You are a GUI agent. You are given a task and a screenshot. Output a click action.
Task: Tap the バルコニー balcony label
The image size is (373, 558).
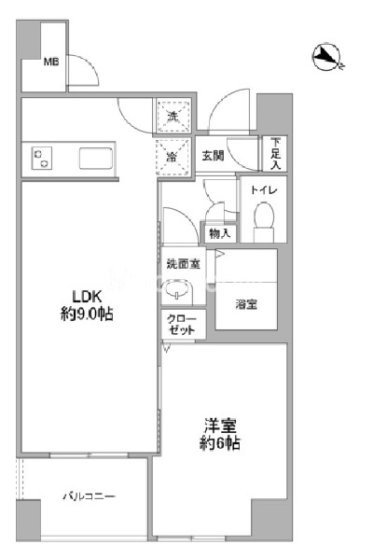click(x=90, y=496)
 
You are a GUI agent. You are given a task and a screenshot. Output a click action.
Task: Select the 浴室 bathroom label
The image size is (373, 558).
click(x=246, y=303)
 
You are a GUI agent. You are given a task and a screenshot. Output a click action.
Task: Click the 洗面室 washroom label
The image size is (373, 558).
click(x=183, y=264)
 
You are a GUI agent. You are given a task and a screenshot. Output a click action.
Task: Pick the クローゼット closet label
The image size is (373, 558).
click(x=181, y=324)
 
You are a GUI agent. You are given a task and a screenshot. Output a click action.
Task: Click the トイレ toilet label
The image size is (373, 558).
click(x=260, y=190)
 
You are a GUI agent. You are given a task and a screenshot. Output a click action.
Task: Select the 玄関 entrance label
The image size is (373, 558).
click(x=213, y=156)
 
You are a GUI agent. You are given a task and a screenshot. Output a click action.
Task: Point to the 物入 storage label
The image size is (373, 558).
click(x=219, y=233)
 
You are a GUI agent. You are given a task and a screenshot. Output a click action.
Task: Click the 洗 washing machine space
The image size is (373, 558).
click(x=172, y=116)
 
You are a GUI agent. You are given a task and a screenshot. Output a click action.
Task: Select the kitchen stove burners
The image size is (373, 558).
click(x=42, y=159)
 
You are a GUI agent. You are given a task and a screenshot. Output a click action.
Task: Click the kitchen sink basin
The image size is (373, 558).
click(x=96, y=158)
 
